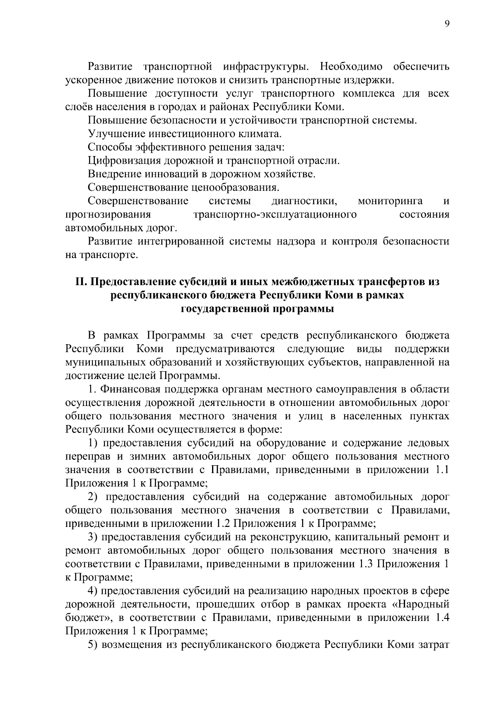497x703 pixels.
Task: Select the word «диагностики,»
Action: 305,201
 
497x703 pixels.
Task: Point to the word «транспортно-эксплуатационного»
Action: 275,215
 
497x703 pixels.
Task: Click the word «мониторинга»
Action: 390,201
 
